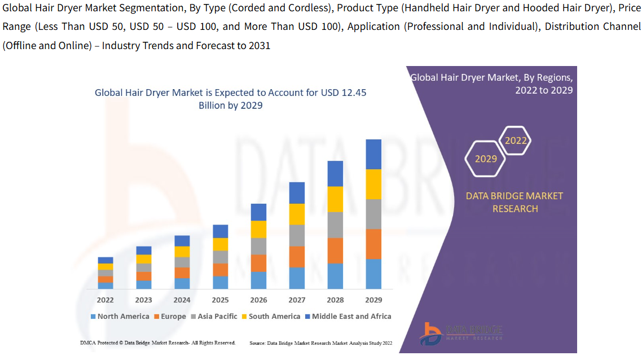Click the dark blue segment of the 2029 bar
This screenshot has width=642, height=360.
coord(373,154)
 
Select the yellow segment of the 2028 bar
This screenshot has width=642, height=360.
coord(335,199)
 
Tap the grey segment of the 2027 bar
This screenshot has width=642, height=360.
coord(297,235)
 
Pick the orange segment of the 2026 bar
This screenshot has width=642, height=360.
coord(258,263)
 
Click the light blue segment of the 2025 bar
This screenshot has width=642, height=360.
coord(220,283)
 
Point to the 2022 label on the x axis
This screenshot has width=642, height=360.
coord(105,300)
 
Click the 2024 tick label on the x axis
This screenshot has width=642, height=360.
coord(182,300)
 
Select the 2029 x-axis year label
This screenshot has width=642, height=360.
coord(373,300)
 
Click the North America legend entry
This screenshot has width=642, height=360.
coord(120,317)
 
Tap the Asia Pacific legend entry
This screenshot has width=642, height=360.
coord(214,317)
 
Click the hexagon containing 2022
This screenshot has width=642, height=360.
coord(516,141)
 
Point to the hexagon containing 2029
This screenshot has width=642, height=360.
coord(486,159)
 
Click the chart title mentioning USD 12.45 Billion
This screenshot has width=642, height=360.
coord(230,99)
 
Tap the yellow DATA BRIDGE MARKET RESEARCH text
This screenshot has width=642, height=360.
coord(514,202)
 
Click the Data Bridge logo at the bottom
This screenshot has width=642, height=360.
coord(461,333)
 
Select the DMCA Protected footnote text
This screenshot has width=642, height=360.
coord(158,343)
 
